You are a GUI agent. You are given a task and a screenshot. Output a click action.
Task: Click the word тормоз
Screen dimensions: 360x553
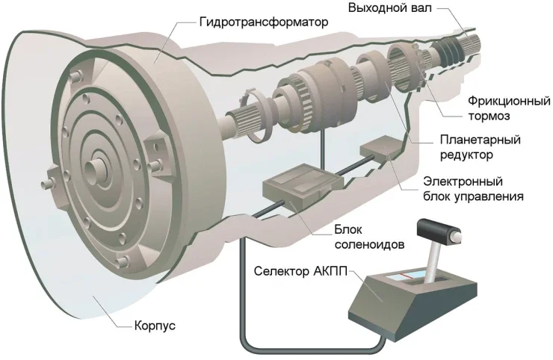click(x=490, y=115)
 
